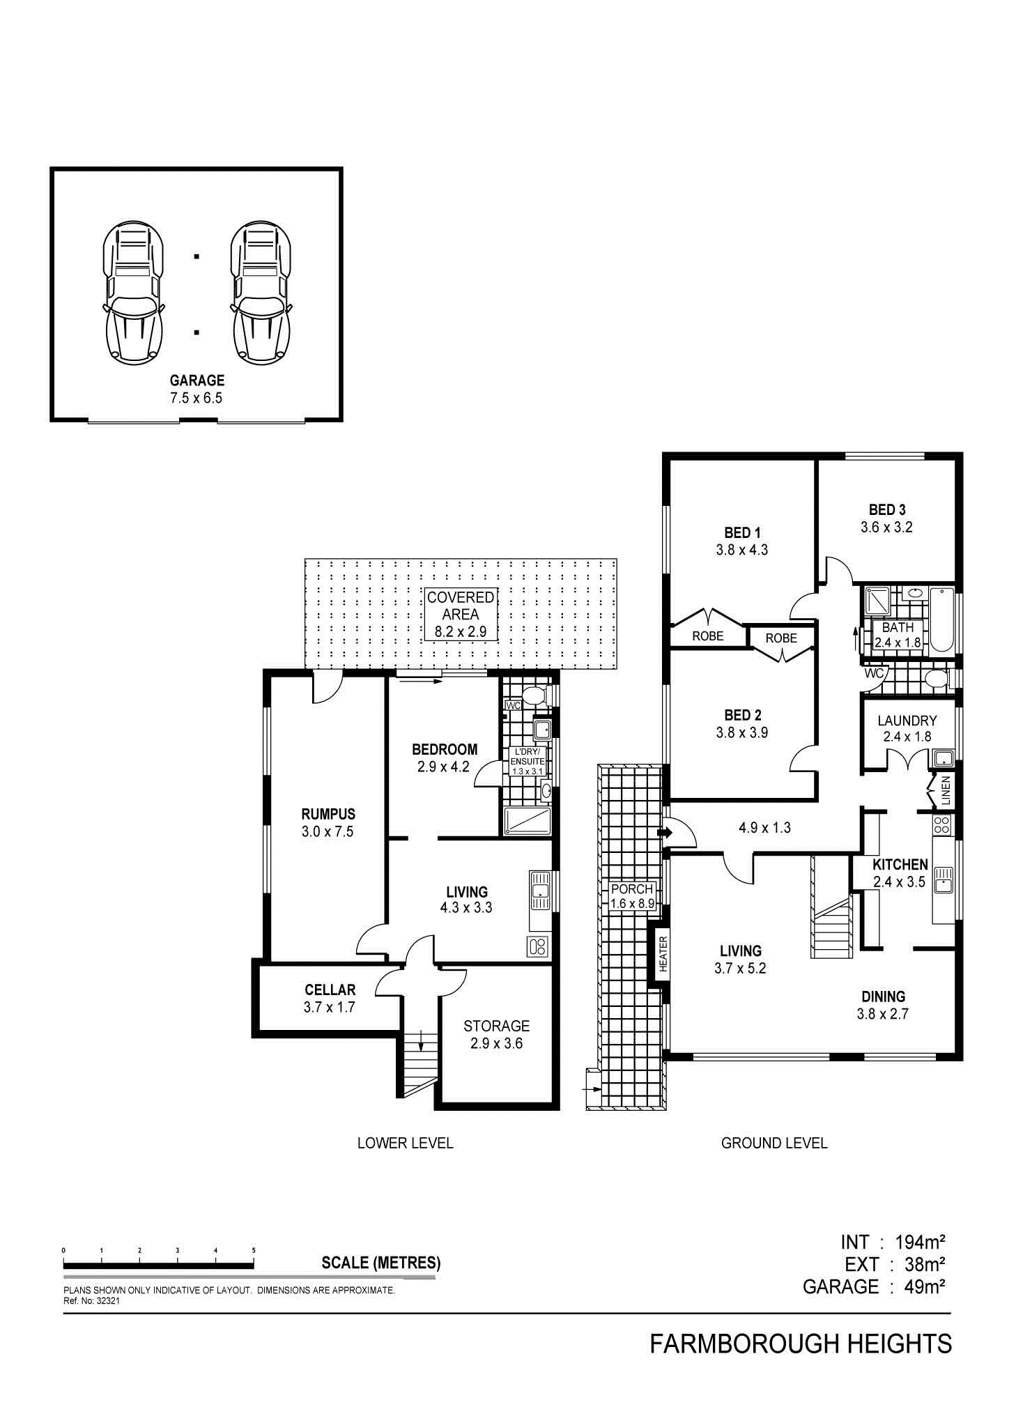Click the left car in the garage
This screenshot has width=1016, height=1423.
(x=134, y=293)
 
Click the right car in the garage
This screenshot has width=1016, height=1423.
(x=262, y=293)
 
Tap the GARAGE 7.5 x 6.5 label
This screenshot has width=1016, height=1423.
(x=197, y=389)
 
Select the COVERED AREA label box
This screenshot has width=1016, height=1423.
(x=461, y=615)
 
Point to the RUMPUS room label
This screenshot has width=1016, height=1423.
(x=328, y=822)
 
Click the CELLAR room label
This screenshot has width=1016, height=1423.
(x=330, y=998)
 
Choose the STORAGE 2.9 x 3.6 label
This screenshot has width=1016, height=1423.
(x=496, y=1034)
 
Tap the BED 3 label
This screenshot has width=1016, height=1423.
(x=887, y=518)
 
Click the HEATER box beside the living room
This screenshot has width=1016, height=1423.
(x=663, y=953)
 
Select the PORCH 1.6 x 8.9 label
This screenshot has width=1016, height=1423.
(x=632, y=896)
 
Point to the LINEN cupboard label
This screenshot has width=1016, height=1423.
(x=945, y=791)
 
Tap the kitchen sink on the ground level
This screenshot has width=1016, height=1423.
(x=943, y=879)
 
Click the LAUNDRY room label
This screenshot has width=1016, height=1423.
(x=907, y=728)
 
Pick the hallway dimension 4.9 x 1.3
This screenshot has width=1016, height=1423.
(x=764, y=828)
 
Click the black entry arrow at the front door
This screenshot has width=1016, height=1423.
(x=664, y=833)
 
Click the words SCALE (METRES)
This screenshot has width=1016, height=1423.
(x=380, y=1263)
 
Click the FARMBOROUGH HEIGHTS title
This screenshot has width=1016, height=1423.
(x=801, y=1344)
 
